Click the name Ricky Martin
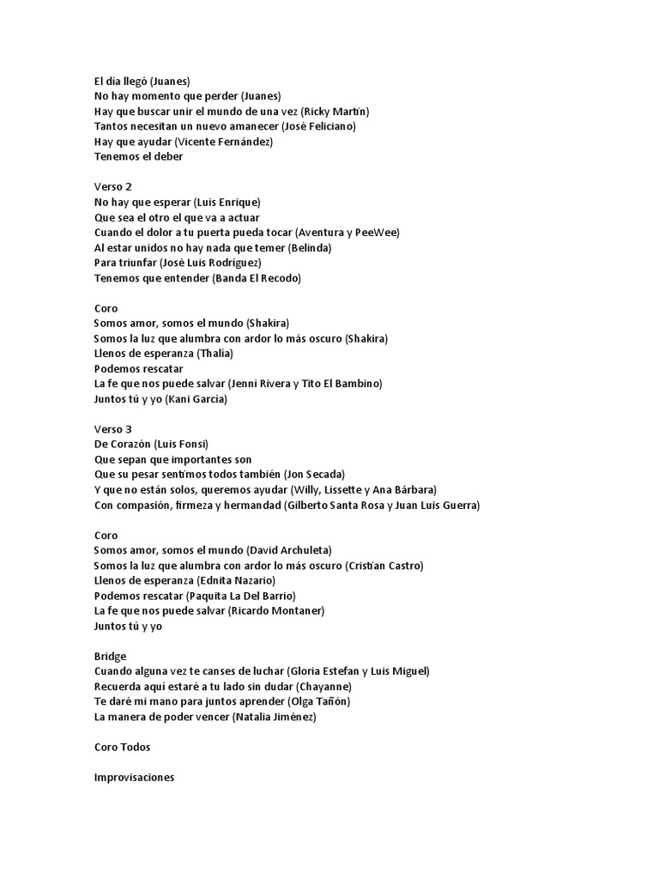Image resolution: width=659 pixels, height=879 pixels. (336, 111)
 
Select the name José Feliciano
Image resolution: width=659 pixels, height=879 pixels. (318, 126)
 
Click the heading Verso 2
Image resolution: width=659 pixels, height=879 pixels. (112, 186)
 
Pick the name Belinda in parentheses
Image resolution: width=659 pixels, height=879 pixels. (310, 247)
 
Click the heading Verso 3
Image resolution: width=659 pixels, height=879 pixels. (112, 428)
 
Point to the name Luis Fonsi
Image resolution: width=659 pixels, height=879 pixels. (181, 444)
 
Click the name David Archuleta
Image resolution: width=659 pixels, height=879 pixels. (288, 549)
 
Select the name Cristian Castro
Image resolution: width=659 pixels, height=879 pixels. (384, 565)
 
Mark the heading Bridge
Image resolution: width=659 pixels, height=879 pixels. (110, 656)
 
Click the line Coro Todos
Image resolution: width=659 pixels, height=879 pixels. (122, 747)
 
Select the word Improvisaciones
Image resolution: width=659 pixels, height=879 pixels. (134, 777)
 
